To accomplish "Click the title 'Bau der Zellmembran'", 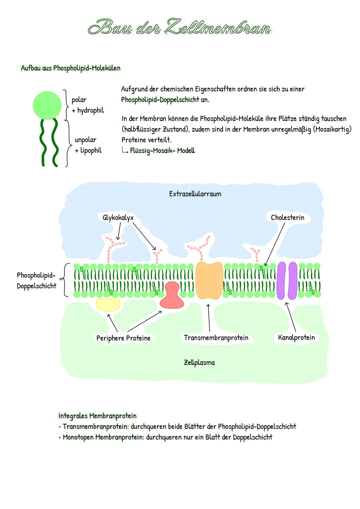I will click(180, 27).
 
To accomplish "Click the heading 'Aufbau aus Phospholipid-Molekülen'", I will click(70, 68).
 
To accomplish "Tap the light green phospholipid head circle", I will click(47, 105).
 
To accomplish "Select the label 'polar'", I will click(79, 100).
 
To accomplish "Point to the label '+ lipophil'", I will click(88, 150).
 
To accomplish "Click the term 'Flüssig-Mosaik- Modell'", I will click(162, 151).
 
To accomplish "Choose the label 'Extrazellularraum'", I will click(195, 194).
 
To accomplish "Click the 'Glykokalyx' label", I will click(118, 218).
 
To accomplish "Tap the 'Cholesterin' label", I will click(287, 218).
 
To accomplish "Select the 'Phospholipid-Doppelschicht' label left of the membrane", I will click(36, 280).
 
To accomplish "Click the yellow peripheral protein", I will click(108, 304).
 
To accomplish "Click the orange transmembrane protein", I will click(209, 280).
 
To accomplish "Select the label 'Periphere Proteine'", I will click(123, 338).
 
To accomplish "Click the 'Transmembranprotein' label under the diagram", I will click(216, 338).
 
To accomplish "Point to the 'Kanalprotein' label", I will click(296, 338).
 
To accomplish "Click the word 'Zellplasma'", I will click(199, 363).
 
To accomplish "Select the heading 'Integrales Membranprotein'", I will click(97, 416).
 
